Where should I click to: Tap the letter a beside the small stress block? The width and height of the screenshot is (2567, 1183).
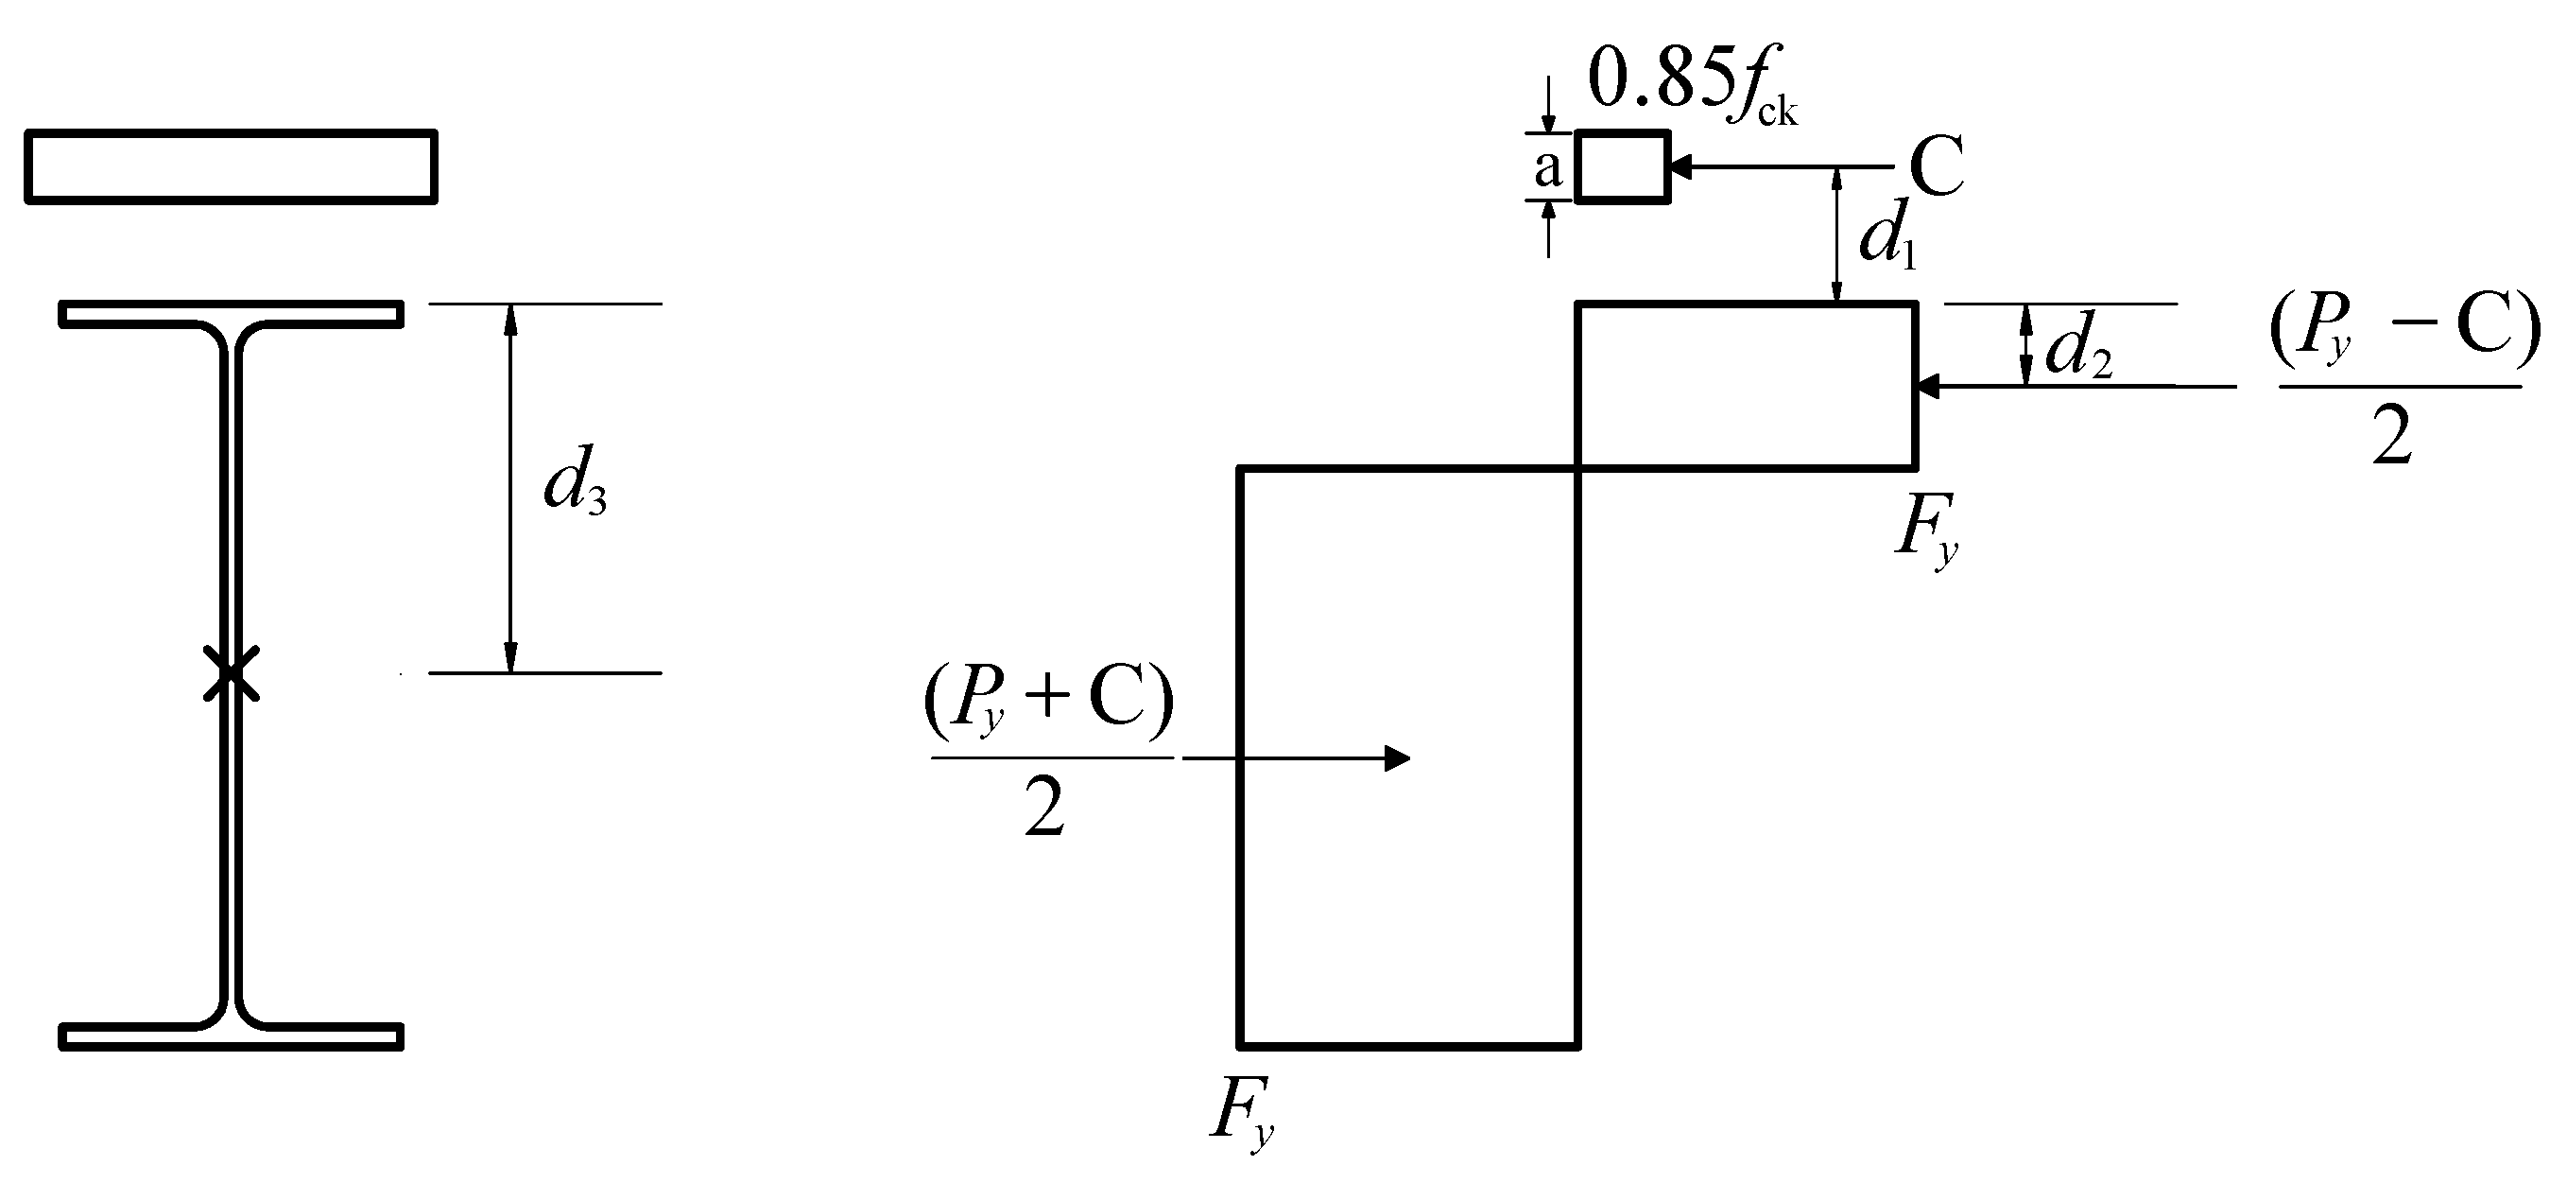(1546, 168)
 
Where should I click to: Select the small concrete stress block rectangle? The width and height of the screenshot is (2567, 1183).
(1621, 166)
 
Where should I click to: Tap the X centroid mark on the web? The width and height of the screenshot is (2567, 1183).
(232, 672)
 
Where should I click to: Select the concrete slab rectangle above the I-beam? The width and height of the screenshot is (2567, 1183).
(231, 166)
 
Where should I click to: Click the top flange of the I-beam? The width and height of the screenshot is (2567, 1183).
(231, 313)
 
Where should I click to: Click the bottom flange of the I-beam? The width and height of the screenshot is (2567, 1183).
(231, 1036)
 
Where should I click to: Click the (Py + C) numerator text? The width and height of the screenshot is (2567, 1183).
(1048, 704)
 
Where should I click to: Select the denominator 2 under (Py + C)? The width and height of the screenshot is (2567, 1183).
(1044, 809)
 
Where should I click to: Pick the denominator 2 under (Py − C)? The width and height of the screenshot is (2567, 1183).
(2391, 437)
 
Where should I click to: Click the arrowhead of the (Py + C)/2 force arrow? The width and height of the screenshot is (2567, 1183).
(1397, 758)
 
